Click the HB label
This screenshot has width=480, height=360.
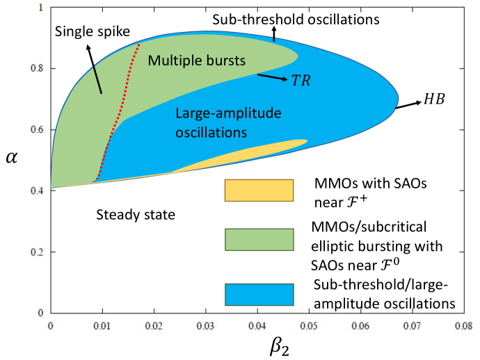click(x=432, y=101)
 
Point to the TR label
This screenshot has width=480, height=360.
click(x=300, y=81)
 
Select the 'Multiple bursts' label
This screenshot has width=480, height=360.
click(x=197, y=60)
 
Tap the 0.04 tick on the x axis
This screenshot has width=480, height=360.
click(x=257, y=324)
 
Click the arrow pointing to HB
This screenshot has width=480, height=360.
click(x=407, y=105)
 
